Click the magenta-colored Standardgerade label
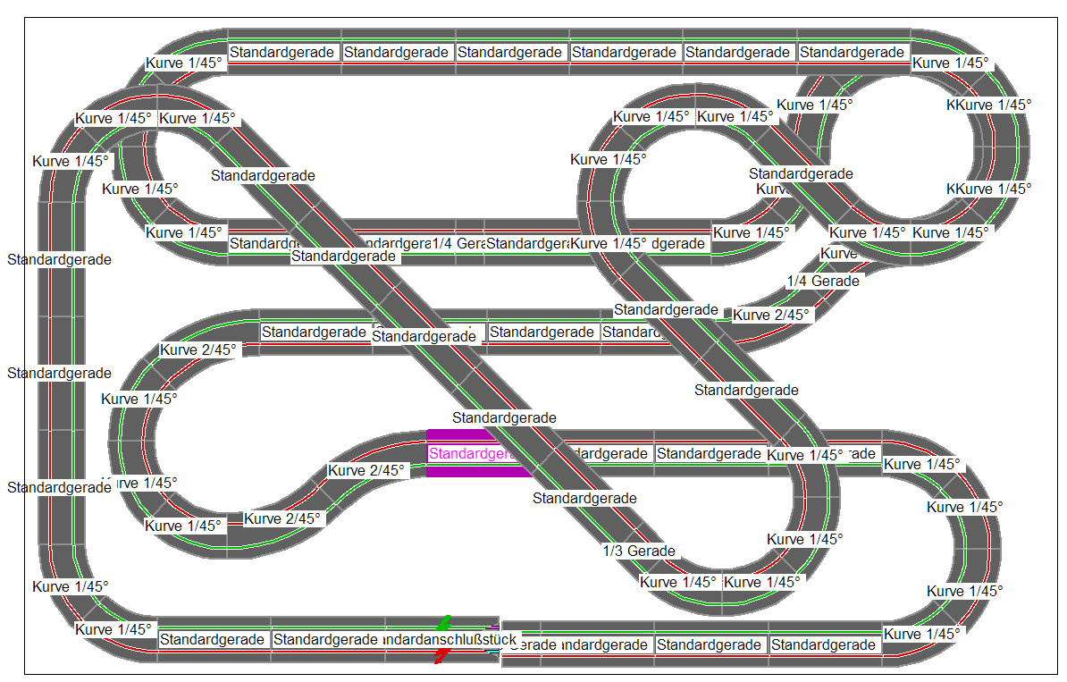point(473,454)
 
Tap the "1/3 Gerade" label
point(639,551)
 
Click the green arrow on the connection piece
point(444,622)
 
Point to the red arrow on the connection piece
point(441,657)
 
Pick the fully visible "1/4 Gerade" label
point(823,281)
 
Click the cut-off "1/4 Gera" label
point(457,244)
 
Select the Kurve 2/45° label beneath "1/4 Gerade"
point(771,315)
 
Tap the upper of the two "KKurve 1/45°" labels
point(988,105)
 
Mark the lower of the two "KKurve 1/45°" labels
point(988,189)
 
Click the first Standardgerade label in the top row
point(283,52)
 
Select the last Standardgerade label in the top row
point(853,52)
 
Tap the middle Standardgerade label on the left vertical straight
point(59,373)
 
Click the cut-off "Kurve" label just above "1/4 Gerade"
point(838,254)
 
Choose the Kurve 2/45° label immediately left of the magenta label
point(366,470)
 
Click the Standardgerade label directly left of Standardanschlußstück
point(325,640)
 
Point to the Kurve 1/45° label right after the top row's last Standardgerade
point(950,63)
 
